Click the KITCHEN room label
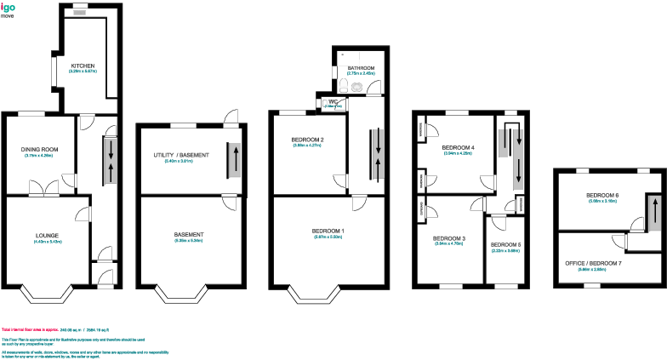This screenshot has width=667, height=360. tap(83, 66)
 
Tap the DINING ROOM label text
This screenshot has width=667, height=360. tap(38, 150)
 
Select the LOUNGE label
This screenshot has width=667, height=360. tap(47, 235)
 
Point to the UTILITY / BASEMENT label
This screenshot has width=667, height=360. tap(180, 154)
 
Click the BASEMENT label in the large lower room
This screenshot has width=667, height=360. tap(189, 235)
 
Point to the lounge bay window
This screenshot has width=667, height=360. tap(47, 294)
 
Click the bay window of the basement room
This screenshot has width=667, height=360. tap(189, 294)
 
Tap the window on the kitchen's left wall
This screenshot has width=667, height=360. tap(52, 71)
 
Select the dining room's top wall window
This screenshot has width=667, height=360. tap(32, 114)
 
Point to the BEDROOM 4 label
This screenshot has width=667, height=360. tap(459, 147)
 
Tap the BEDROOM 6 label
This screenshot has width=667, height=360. tap(601, 195)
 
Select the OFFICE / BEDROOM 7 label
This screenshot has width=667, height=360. tap(594, 263)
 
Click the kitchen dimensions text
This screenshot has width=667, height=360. tap(83, 71)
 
